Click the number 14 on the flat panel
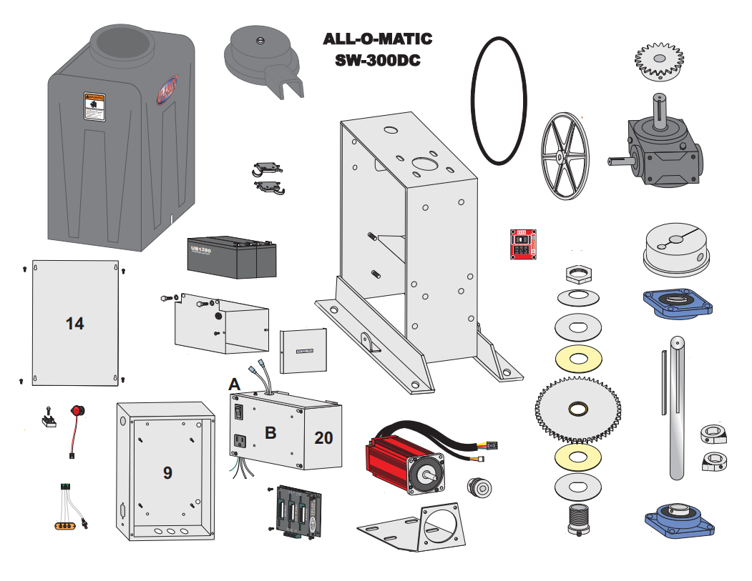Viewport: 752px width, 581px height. pyautogui.click(x=74, y=323)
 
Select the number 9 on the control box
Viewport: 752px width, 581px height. pyautogui.click(x=167, y=472)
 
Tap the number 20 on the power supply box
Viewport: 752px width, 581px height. pyautogui.click(x=323, y=437)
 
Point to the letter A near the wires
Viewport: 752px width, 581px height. pyautogui.click(x=235, y=384)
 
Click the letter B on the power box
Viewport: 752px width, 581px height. pyautogui.click(x=270, y=432)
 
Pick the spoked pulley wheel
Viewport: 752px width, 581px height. pyautogui.click(x=564, y=155)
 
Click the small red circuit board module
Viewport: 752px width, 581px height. pyautogui.click(x=522, y=244)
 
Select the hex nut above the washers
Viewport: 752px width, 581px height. pyautogui.click(x=577, y=273)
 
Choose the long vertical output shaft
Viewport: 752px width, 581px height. pyautogui.click(x=677, y=407)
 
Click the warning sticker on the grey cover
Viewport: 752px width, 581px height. pyautogui.click(x=94, y=107)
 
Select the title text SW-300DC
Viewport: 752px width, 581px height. pyautogui.click(x=377, y=60)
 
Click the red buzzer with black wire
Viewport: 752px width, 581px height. pyautogui.click(x=76, y=413)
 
